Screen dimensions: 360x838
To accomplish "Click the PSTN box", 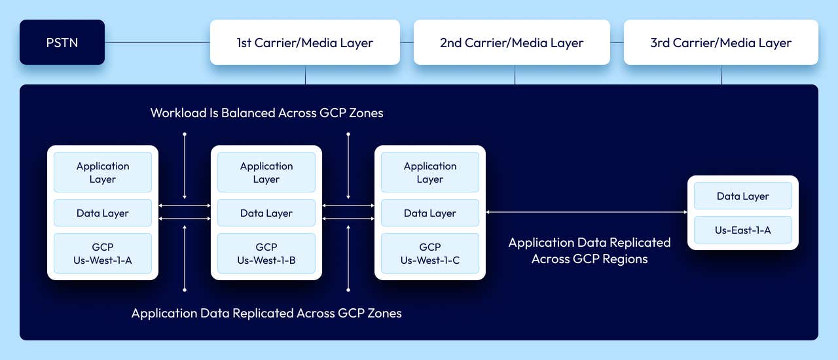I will (x=62, y=43).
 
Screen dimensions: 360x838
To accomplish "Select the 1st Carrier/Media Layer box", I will (x=304, y=43).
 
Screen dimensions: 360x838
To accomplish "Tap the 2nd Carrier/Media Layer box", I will (x=511, y=43).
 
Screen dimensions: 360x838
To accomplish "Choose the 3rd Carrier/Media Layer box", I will (x=721, y=43).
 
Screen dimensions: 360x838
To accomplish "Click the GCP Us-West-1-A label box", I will (x=103, y=253).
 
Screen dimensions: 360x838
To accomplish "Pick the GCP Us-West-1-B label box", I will (x=266, y=253).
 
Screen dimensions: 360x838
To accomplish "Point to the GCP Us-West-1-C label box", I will (x=430, y=253).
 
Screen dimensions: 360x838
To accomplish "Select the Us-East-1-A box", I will (x=743, y=230).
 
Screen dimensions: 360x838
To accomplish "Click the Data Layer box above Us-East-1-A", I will (x=743, y=196).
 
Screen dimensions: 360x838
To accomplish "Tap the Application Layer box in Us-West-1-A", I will (x=103, y=172).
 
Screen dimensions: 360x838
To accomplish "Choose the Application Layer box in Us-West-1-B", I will (x=266, y=172).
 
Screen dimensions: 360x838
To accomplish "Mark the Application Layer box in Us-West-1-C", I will (x=430, y=172).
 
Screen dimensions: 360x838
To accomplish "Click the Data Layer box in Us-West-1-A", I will (x=103, y=213).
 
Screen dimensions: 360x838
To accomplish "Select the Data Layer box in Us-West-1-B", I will (x=266, y=213).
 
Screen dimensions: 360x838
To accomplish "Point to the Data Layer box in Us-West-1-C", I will (x=430, y=213).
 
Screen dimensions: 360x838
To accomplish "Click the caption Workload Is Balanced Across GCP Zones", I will (x=266, y=113).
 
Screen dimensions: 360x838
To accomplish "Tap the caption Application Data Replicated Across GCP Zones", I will (x=266, y=313).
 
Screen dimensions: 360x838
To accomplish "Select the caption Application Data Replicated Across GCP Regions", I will (x=589, y=251).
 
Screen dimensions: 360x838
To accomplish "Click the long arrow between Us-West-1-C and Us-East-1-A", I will (x=586, y=212).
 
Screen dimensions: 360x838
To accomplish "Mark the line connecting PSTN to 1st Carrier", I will (x=157, y=43).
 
